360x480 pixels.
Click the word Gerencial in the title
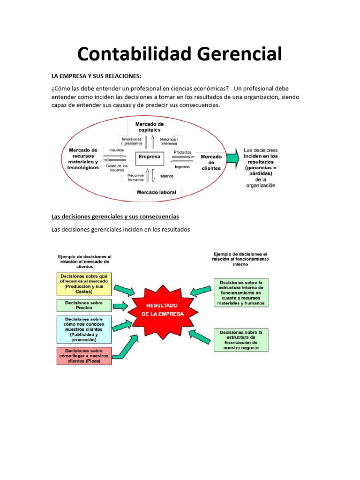pyautogui.click(x=240, y=54)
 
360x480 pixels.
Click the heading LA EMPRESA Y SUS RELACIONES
pyautogui.click(x=96, y=76)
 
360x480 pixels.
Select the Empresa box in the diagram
pyautogui.click(x=150, y=157)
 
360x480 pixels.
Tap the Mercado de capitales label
pyautogui.click(x=150, y=127)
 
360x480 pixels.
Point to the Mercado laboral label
pyautogui.click(x=156, y=192)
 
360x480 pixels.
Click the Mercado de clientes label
pyautogui.click(x=211, y=162)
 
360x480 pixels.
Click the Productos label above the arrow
pyautogui.click(x=182, y=152)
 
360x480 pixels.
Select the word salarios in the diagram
pyautogui.click(x=167, y=176)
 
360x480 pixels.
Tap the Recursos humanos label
pyautogui.click(x=135, y=178)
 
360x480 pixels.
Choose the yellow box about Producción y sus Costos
pyautogui.click(x=84, y=284)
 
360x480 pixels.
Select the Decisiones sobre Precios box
pyautogui.click(x=84, y=305)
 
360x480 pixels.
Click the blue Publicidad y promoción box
pyautogui.click(x=84, y=329)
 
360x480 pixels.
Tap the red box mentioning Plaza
pyautogui.click(x=84, y=356)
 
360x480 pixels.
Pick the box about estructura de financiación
pyautogui.click(x=241, y=340)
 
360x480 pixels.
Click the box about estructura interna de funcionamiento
pyautogui.click(x=241, y=293)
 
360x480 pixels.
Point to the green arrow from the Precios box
pyautogui.click(x=120, y=306)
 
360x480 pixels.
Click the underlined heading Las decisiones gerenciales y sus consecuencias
pyautogui.click(x=115, y=217)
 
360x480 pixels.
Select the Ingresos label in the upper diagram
pyautogui.click(x=182, y=167)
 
